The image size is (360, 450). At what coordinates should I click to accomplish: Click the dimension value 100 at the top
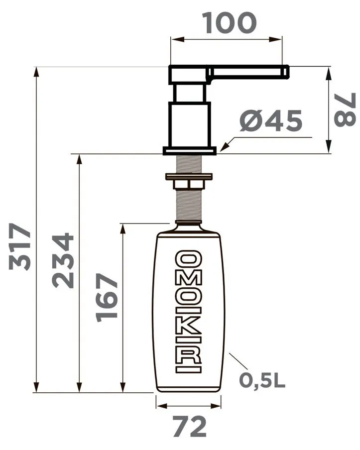click(230, 23)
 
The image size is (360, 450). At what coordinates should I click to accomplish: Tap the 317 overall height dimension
click(19, 247)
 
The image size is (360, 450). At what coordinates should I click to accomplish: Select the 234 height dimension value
click(63, 260)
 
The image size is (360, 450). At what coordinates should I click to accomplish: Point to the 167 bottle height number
click(107, 297)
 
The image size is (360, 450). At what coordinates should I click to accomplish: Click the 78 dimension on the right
click(345, 110)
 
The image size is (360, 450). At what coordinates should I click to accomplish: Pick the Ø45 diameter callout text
click(271, 121)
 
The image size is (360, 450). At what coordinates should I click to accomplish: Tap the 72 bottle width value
click(190, 427)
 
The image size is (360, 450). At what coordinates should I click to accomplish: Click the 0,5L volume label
click(262, 380)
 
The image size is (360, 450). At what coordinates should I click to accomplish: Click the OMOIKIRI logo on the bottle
click(188, 312)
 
